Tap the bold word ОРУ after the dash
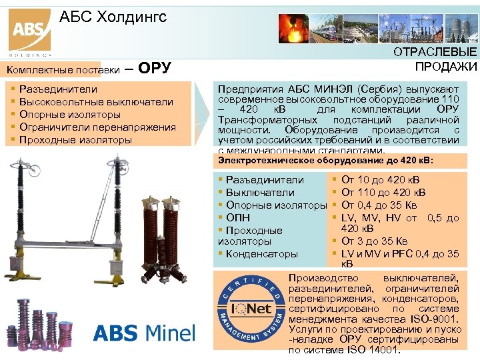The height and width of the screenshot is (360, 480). (x=157, y=68)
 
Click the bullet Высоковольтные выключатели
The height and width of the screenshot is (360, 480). (x=96, y=102)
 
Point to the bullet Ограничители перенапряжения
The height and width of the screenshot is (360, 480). (x=97, y=127)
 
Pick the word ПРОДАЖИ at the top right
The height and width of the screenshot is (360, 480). (x=446, y=66)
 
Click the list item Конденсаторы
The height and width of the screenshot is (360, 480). (x=261, y=253)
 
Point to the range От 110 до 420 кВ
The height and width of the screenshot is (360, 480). (x=383, y=193)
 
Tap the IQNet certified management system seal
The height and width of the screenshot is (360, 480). (x=253, y=309)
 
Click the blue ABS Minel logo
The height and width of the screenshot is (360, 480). (x=144, y=332)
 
